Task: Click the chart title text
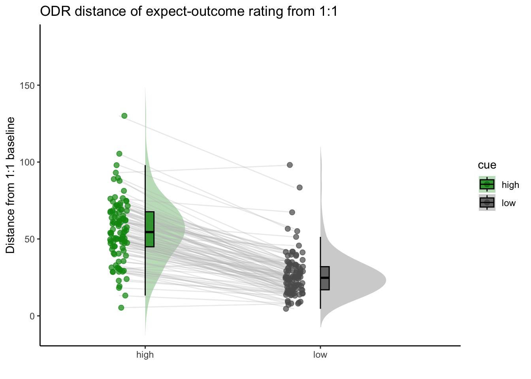click(x=189, y=11)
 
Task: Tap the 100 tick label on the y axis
click(x=27, y=162)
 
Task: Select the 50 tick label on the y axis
click(x=29, y=239)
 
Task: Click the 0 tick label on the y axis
click(x=32, y=316)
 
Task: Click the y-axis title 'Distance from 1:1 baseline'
click(x=10, y=185)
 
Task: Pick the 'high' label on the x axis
click(x=145, y=355)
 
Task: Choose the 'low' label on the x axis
click(x=320, y=355)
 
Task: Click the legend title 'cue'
click(x=487, y=165)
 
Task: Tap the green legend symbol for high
click(x=487, y=184)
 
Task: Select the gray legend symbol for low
click(x=487, y=203)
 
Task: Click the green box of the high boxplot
click(x=150, y=229)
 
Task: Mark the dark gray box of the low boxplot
click(x=325, y=278)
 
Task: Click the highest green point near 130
click(x=124, y=116)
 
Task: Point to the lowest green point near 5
click(x=121, y=308)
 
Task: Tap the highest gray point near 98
click(x=290, y=165)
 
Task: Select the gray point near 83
click(x=299, y=188)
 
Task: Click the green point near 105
click(x=119, y=154)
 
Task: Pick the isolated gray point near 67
click(x=292, y=212)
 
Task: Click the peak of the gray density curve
click(x=386, y=280)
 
